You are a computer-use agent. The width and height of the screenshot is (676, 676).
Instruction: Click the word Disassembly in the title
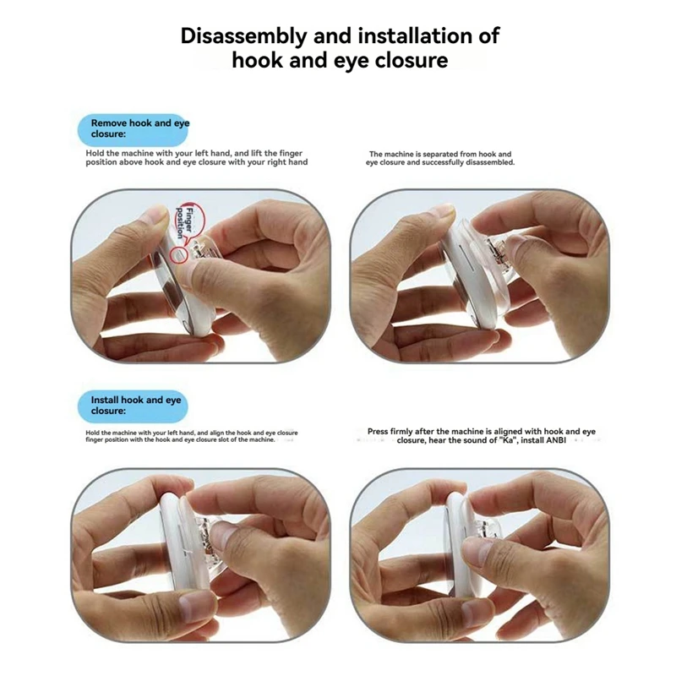point(244,36)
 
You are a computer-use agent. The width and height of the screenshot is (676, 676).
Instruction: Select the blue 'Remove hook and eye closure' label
point(133,129)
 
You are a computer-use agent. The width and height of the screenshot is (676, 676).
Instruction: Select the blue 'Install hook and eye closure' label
point(133,406)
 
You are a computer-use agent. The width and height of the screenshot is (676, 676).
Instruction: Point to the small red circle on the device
point(179,256)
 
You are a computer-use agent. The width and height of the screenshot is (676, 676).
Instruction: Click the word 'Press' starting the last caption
point(378,431)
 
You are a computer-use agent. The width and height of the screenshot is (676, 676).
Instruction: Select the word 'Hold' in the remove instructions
point(95,153)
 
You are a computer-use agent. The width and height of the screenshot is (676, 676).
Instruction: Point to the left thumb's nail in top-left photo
point(155,215)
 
